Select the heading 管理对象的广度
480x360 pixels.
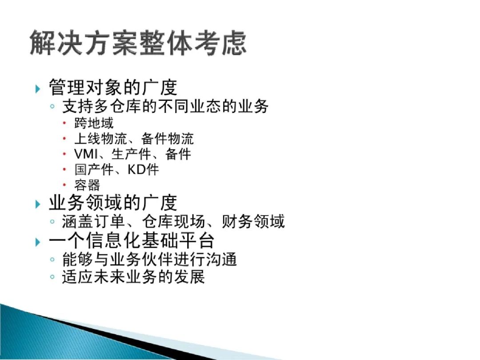pos(113,87)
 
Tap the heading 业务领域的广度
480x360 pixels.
pos(113,203)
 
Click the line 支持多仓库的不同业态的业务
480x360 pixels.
pos(165,107)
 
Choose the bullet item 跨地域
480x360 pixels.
pos(94,123)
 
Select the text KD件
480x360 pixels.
pos(143,169)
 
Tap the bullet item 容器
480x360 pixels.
pos(87,184)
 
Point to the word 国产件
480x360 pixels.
pos(94,169)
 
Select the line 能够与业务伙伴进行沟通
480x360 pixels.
pos(149,259)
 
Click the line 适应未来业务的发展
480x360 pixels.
pos(133,277)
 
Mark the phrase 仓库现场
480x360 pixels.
pos(173,221)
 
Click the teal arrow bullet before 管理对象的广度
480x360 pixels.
pos(37,88)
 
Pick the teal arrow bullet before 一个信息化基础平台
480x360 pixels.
pos(37,241)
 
